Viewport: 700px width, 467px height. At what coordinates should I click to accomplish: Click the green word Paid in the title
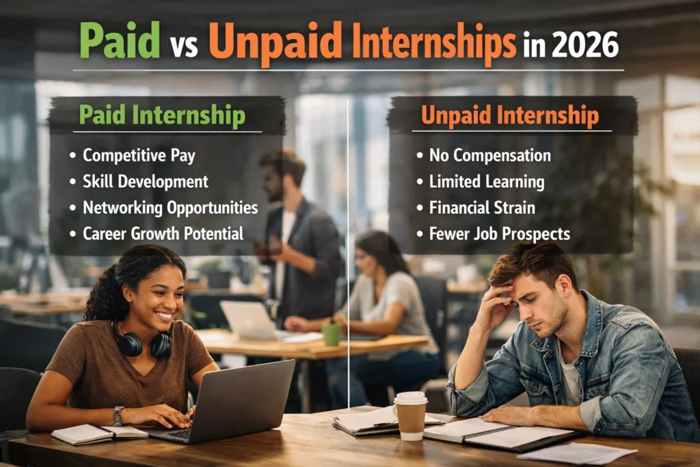[x=120, y=42]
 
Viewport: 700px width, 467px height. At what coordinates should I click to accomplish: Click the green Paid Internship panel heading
[x=161, y=116]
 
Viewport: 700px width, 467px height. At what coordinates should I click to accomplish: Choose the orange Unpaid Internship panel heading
[x=509, y=115]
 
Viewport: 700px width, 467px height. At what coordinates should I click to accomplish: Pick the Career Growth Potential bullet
[x=163, y=233]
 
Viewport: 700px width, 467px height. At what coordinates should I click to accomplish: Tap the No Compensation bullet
[x=489, y=155]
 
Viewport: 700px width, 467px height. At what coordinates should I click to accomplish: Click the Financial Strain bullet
[x=481, y=207]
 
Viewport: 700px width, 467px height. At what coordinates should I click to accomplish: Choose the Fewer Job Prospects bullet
[x=499, y=233]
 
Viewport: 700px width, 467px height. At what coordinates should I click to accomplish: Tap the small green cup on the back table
[x=332, y=334]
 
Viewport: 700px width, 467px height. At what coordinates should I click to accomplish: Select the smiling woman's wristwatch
[x=118, y=416]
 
